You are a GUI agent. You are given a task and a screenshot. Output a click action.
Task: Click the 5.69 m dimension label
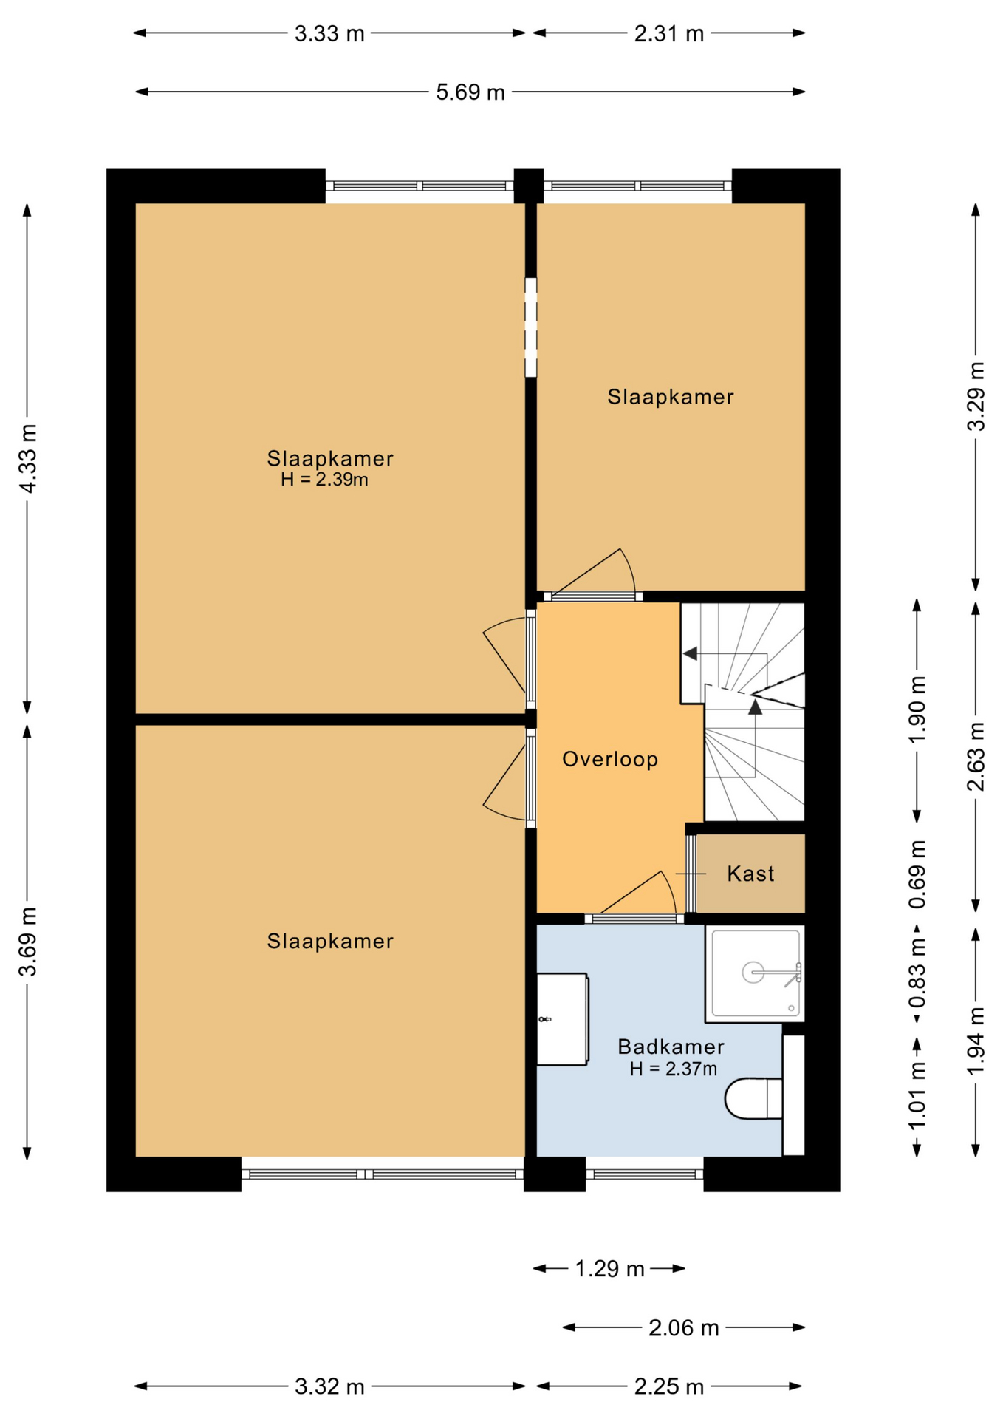(x=470, y=92)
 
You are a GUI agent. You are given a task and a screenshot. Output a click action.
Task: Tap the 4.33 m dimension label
(x=28, y=458)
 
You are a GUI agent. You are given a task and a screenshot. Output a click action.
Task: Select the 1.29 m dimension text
(x=610, y=1269)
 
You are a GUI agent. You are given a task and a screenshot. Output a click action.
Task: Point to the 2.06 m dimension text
(x=684, y=1328)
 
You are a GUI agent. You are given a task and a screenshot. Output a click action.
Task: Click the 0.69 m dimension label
(x=917, y=874)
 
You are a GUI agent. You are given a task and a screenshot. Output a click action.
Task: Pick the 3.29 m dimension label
(x=976, y=396)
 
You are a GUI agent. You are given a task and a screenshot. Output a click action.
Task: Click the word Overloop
(x=610, y=759)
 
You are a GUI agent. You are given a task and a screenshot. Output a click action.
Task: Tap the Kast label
(x=750, y=874)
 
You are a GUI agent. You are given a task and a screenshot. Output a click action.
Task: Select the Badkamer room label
(x=671, y=1047)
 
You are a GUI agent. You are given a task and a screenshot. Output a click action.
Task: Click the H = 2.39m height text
(x=324, y=480)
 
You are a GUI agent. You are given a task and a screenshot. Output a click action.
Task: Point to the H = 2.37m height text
(x=673, y=1069)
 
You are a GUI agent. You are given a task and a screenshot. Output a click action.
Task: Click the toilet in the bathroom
(x=753, y=1099)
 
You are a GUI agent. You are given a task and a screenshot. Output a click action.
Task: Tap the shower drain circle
(x=753, y=973)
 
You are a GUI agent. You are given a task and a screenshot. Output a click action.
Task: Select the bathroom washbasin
(x=562, y=1019)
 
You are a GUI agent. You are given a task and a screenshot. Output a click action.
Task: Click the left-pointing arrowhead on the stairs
(x=690, y=654)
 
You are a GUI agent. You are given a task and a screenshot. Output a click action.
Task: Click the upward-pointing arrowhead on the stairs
(x=755, y=707)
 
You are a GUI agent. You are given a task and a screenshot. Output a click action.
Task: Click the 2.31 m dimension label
(x=669, y=34)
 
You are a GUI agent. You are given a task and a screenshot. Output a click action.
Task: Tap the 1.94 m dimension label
(x=976, y=1041)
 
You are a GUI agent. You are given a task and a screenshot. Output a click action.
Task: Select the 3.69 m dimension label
(x=28, y=942)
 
